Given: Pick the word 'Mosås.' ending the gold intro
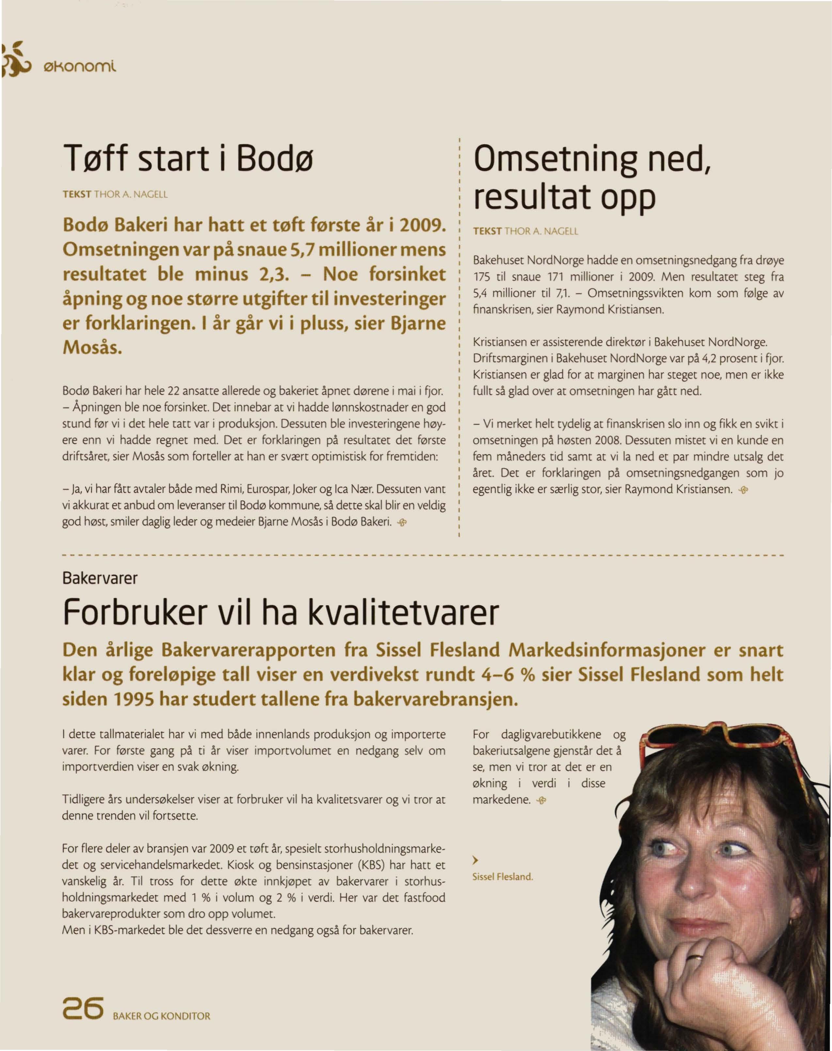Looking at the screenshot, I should (92, 349).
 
